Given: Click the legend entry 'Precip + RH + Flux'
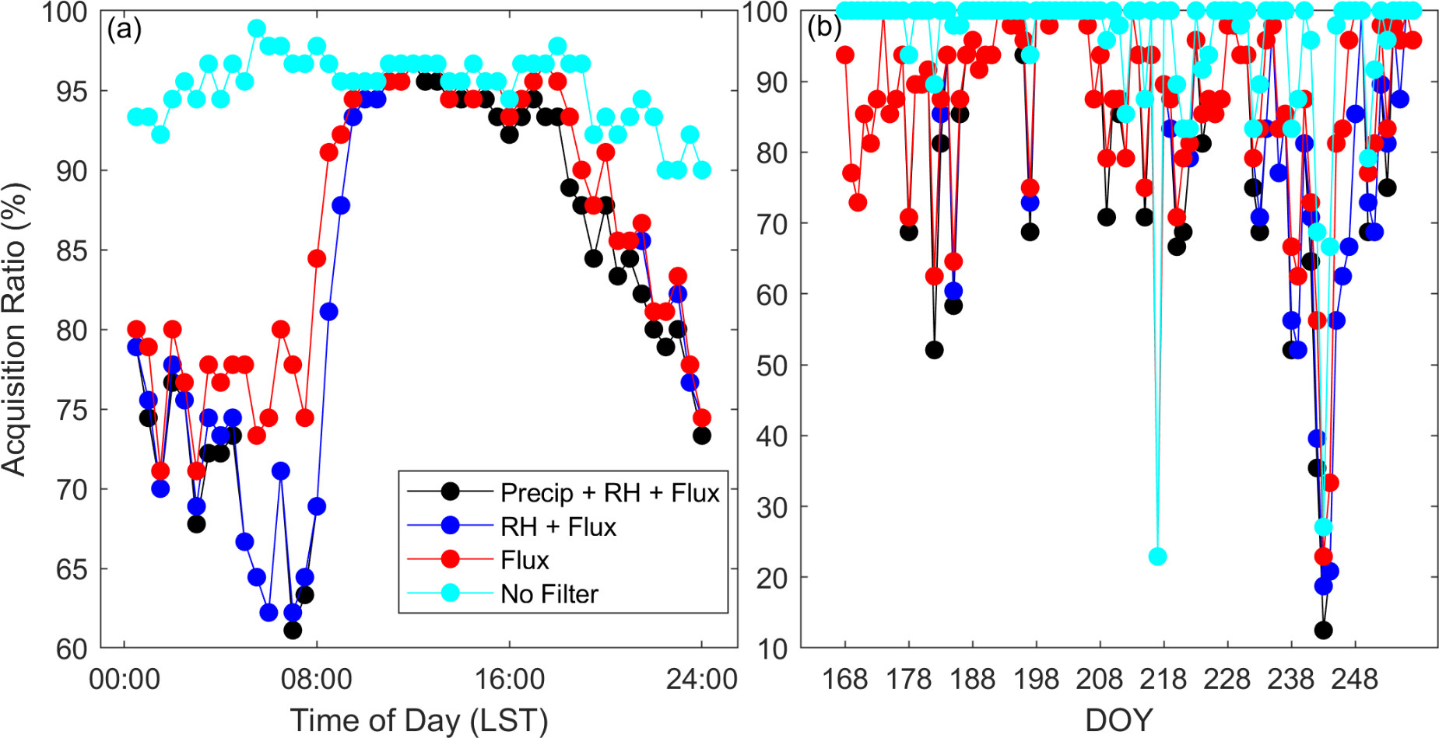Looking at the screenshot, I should [609, 492].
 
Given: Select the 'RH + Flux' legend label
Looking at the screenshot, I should [558, 526].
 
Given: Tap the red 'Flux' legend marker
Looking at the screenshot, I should [450, 560].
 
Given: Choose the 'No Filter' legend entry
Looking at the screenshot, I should [549, 594].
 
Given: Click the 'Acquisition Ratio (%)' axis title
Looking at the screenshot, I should [14, 329].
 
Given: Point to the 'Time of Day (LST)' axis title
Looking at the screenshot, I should [419, 719].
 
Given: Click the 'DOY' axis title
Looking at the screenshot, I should [1118, 719].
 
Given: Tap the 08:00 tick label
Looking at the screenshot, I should [317, 679].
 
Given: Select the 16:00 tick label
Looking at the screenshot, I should [510, 679].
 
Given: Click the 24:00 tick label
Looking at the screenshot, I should [701, 679].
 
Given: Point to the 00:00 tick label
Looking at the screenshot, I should [125, 679].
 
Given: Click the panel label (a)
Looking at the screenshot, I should [125, 30].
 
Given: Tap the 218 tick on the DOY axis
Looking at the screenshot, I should [1163, 679].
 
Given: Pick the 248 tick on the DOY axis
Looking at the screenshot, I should [1355, 679].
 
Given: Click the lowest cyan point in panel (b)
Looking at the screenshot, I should [1157, 556].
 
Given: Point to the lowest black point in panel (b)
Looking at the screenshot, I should [1323, 630].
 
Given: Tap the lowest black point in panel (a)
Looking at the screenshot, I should [293, 630].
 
